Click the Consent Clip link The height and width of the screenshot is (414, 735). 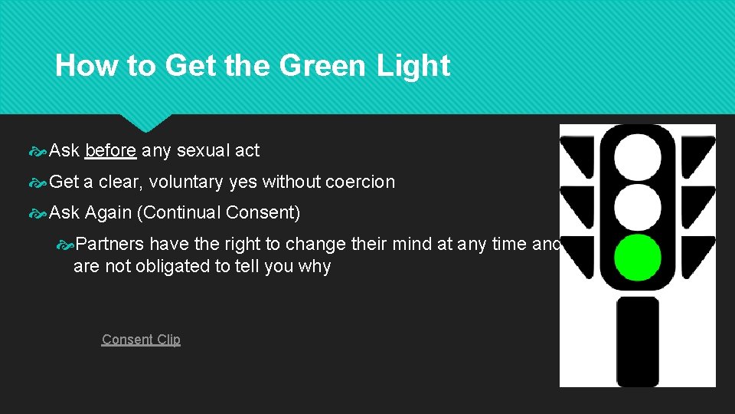point(141,340)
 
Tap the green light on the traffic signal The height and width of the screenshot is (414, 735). point(638,257)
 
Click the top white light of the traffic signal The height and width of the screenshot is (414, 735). point(638,156)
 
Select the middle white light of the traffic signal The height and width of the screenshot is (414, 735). point(638,206)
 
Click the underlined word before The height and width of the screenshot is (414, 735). point(111,151)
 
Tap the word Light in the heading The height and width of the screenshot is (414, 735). point(413,66)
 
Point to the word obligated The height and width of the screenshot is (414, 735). point(158,267)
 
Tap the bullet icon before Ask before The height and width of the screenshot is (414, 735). point(38,152)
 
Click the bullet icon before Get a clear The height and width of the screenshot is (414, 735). point(38,183)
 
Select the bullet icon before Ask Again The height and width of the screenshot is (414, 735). point(38,213)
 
